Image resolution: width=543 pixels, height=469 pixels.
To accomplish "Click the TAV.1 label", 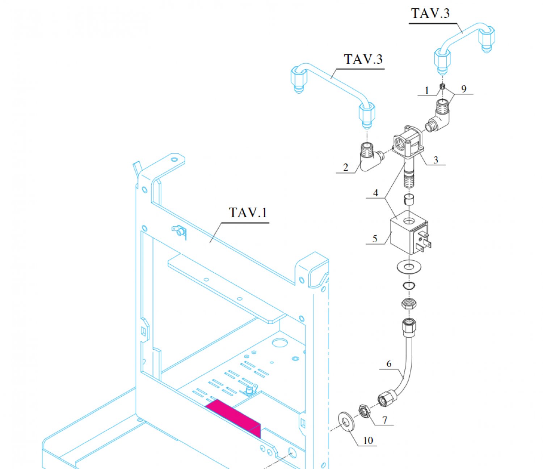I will click(248, 213).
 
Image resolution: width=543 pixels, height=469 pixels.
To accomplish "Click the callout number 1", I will click(427, 90).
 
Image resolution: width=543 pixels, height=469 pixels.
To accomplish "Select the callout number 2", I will click(346, 167).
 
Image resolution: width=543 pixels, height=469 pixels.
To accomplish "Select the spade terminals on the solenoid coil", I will click(423, 240).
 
